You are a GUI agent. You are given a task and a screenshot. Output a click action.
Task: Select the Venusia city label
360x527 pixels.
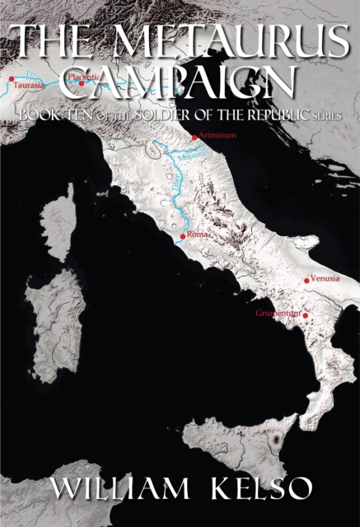click(x=325, y=279)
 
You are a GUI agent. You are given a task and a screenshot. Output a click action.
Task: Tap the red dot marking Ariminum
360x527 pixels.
click(x=194, y=138)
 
